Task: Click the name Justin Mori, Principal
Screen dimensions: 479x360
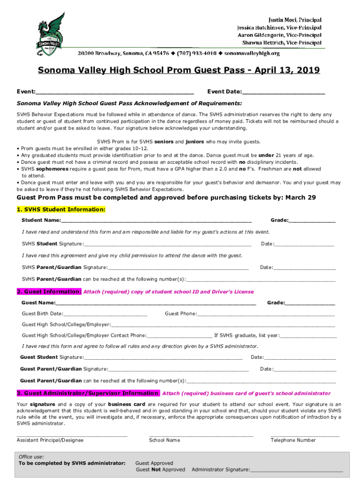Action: [295, 20]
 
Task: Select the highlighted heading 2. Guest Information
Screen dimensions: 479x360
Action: [49, 291]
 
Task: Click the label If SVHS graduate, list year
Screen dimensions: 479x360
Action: [247, 335]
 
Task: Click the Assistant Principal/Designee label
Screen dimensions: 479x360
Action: [50, 440]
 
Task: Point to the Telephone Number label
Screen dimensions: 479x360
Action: [293, 440]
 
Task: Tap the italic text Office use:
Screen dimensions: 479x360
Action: [31, 457]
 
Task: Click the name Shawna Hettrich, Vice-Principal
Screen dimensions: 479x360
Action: [288, 43]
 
